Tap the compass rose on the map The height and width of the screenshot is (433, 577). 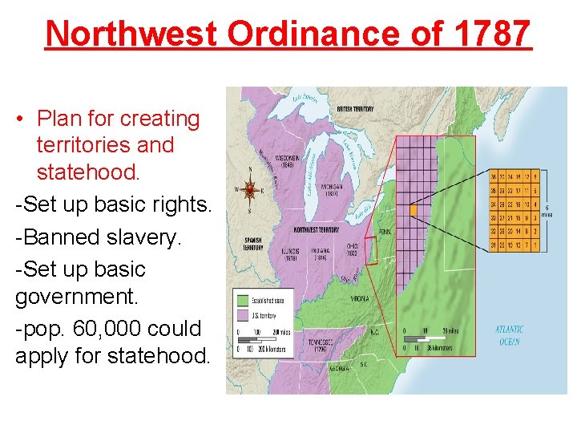[x=250, y=190]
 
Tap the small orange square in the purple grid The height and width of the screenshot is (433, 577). [x=414, y=210]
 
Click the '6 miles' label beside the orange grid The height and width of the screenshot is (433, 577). [x=557, y=211]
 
